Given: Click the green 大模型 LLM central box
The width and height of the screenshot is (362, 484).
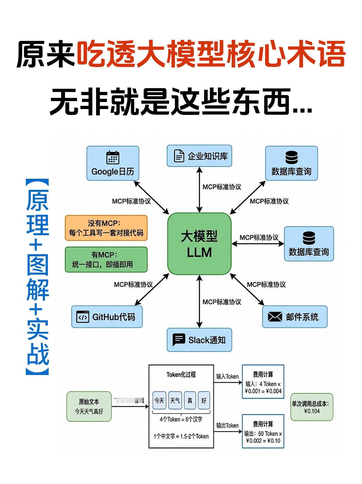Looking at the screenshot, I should [x=199, y=244].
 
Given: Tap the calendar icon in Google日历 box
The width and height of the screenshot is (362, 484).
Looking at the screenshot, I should [x=113, y=158].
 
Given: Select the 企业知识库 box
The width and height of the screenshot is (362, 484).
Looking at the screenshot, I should [x=199, y=156].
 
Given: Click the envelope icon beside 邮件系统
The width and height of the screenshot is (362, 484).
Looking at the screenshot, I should [x=275, y=317].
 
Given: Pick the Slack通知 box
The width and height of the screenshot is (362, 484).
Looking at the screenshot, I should [x=199, y=340].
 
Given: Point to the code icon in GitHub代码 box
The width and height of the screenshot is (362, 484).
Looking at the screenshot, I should [x=82, y=317].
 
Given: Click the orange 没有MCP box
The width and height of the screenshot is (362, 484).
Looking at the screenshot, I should [x=106, y=228].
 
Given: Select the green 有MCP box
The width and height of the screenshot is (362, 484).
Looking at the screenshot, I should [x=106, y=259].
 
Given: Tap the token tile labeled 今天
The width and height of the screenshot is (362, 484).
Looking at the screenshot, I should [x=159, y=401].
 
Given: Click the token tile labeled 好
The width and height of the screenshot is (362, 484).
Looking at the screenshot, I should [x=204, y=401].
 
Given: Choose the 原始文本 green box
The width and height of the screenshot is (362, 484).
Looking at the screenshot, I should [x=89, y=406].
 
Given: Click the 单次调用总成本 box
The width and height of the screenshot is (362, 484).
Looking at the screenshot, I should [x=312, y=407].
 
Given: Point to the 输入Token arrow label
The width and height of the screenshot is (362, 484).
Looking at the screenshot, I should [x=227, y=376].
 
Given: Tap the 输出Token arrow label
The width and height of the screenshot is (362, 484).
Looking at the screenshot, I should [x=227, y=425].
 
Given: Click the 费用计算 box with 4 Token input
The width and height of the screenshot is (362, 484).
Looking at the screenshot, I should [x=263, y=381].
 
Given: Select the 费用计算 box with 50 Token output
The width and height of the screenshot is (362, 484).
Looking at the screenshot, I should [x=263, y=431].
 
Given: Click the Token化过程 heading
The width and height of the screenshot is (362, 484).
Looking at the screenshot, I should [x=181, y=375].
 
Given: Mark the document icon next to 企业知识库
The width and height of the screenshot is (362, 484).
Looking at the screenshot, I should [x=179, y=156].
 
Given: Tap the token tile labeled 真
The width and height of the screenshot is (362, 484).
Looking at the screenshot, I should [x=190, y=401].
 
